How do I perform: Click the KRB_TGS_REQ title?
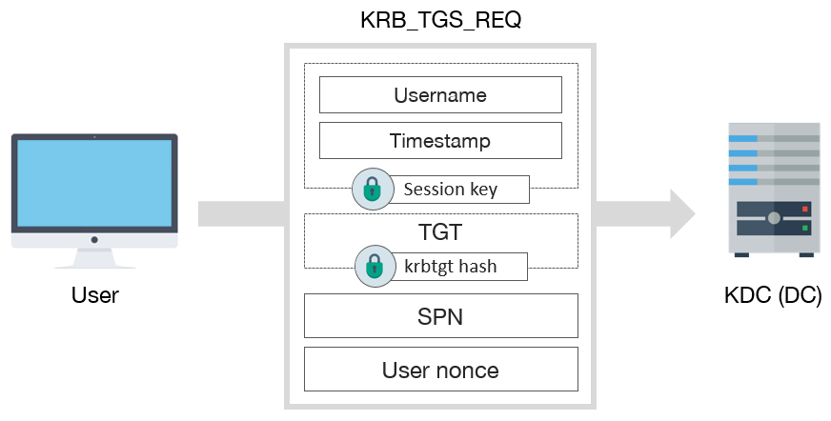(439, 22)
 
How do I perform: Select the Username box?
(439, 95)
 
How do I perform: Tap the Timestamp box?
(439, 141)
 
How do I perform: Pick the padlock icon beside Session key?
(372, 190)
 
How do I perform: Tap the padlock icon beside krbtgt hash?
(374, 267)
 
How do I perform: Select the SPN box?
(440, 315)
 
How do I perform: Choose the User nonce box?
(440, 369)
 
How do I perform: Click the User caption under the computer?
(95, 296)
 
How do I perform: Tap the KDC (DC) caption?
(773, 296)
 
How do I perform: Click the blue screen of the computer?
(94, 181)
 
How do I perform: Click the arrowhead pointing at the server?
(682, 213)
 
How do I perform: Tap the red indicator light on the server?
(805, 209)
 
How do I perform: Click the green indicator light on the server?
(805, 229)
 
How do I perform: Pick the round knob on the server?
(774, 219)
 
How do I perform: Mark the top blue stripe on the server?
(743, 138)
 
